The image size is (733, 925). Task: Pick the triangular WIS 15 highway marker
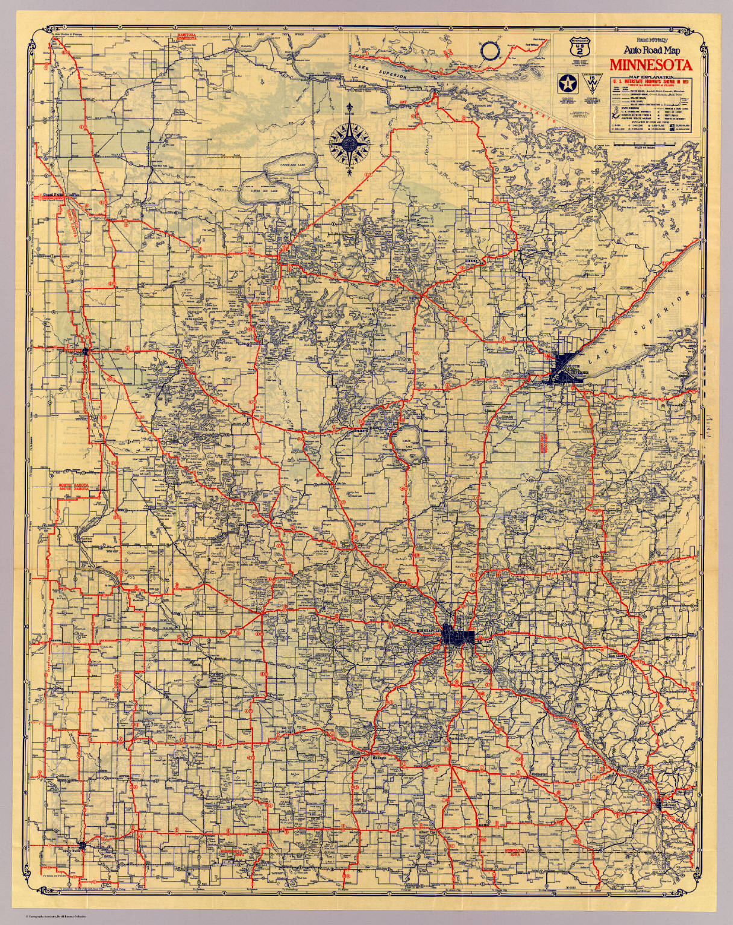tap(593, 84)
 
